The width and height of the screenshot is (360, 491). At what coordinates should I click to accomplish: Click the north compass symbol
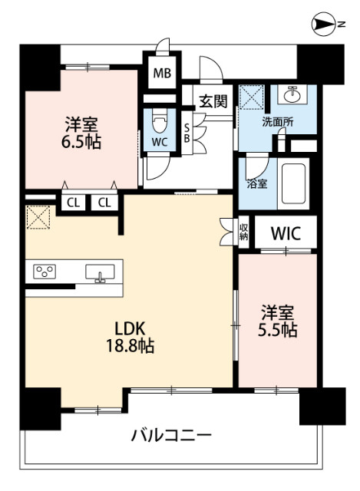click(324, 26)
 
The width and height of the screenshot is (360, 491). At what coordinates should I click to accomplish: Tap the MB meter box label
click(162, 74)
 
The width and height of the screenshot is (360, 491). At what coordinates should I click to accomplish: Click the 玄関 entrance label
click(213, 101)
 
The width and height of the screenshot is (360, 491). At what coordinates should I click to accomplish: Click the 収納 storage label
click(243, 232)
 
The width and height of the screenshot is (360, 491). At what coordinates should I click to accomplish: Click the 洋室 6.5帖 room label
click(81, 132)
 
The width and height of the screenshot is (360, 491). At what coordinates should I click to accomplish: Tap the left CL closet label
click(72, 203)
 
